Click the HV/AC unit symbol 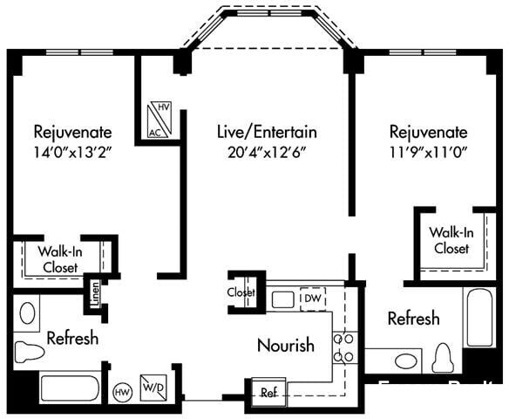pyautogui.click(x=158, y=119)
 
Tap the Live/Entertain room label pyautogui.click(x=266, y=133)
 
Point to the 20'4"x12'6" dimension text pyautogui.click(x=266, y=152)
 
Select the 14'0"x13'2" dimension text pyautogui.click(x=72, y=152)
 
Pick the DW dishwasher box pyautogui.click(x=312, y=299)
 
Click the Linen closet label pyautogui.click(x=93, y=295)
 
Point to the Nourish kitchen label pyautogui.click(x=285, y=346)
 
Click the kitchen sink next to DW pyautogui.click(x=282, y=299)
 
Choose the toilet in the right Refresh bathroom pyautogui.click(x=443, y=359)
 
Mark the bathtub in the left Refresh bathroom pyautogui.click(x=70, y=388)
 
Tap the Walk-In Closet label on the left pyautogui.click(x=60, y=258)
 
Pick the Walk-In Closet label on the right pyautogui.click(x=450, y=240)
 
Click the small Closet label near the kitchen pyautogui.click(x=241, y=292)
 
